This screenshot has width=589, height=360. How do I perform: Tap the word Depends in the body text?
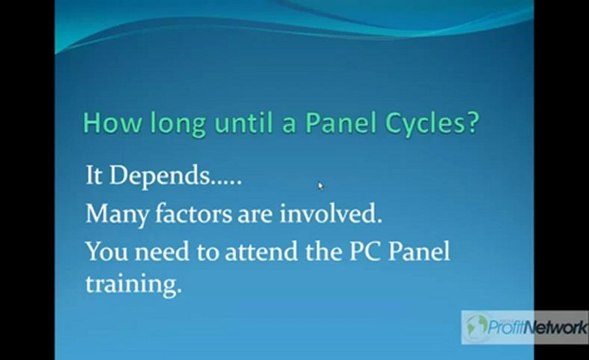coord(161,178)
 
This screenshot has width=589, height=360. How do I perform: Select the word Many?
coord(112,213)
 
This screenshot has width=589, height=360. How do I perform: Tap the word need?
coord(162,249)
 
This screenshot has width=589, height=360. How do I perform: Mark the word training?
coord(133,285)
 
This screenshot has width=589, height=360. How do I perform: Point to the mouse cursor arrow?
coord(321,185)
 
